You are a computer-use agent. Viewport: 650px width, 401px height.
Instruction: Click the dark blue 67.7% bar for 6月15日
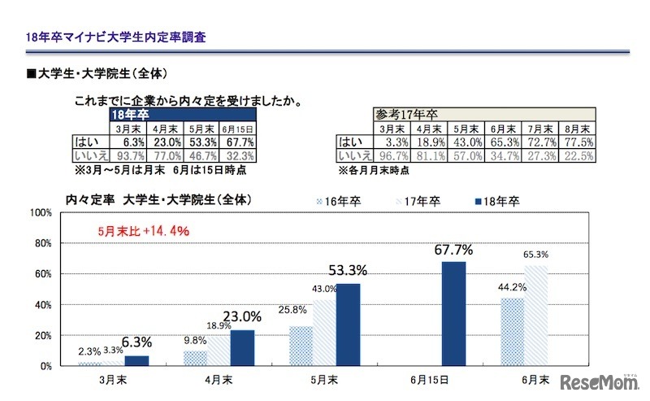pyautogui.click(x=454, y=314)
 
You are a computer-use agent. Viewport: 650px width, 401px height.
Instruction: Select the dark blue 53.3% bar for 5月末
pyautogui.click(x=348, y=325)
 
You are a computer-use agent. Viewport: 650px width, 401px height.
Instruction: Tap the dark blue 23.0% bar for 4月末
pyautogui.click(x=242, y=348)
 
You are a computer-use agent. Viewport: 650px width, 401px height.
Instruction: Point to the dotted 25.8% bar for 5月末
pyautogui.click(x=300, y=346)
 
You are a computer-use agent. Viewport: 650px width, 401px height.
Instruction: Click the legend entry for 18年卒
pyautogui.click(x=495, y=200)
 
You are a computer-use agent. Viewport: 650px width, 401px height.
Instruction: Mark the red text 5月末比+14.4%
pyautogui.click(x=143, y=231)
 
